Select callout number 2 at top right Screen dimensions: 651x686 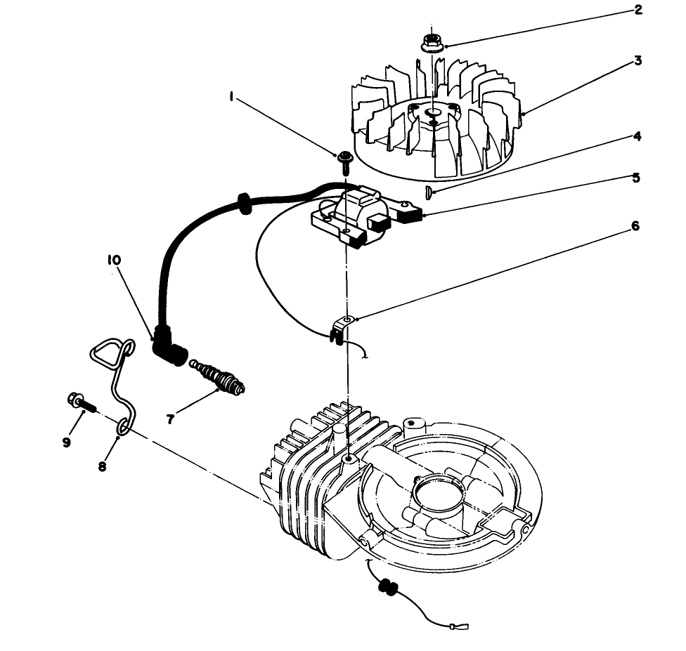click(x=638, y=11)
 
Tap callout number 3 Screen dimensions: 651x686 click(x=638, y=60)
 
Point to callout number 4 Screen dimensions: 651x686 click(x=637, y=136)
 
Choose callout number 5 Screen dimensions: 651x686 click(x=636, y=178)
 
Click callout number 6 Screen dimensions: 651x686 click(x=635, y=227)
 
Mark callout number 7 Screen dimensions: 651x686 click(x=170, y=419)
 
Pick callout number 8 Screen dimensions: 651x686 click(x=103, y=466)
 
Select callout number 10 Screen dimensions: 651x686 click(x=114, y=260)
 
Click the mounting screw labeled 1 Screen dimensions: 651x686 click(x=344, y=161)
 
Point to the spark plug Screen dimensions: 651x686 click(x=220, y=378)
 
